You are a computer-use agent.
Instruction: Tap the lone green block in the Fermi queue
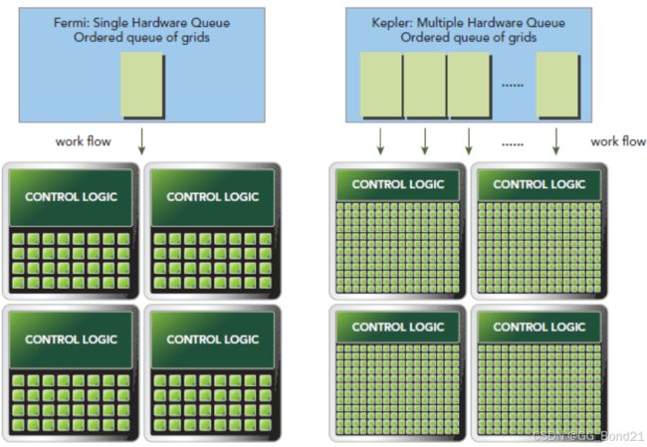tap(142, 86)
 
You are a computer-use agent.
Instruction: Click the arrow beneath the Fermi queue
tap(141, 141)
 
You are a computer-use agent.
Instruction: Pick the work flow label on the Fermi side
tap(84, 141)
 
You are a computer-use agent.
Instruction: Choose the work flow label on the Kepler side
tap(618, 141)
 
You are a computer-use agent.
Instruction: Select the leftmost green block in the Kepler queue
tap(381, 86)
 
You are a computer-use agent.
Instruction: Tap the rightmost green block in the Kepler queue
tap(558, 86)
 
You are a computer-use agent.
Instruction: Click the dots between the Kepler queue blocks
tap(513, 86)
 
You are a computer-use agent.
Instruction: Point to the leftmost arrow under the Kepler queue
tap(380, 141)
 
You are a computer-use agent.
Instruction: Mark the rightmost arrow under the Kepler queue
tap(555, 141)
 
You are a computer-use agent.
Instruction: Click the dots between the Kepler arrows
tap(513, 145)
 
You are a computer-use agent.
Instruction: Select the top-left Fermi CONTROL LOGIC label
tap(72, 197)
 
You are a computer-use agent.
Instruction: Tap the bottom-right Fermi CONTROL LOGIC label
tap(213, 339)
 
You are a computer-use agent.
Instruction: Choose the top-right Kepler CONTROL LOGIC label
tap(539, 184)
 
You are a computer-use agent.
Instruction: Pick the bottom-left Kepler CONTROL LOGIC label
tap(398, 327)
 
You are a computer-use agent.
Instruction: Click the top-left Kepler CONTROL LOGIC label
tap(398, 184)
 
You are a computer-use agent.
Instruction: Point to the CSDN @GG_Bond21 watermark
tap(588, 436)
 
